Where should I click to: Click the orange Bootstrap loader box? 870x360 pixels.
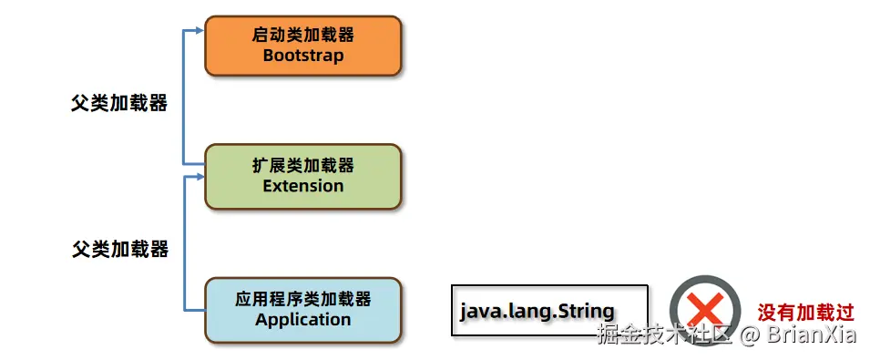point(303,46)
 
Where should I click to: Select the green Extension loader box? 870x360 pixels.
point(303,177)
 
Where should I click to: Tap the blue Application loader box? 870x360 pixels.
point(303,310)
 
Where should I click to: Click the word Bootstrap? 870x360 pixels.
point(303,56)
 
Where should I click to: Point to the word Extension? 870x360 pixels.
point(303,185)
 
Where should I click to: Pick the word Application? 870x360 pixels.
point(303,320)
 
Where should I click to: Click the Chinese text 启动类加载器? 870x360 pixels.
point(303,36)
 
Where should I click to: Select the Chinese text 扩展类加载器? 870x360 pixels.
point(303,165)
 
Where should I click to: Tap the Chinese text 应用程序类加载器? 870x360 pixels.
point(303,300)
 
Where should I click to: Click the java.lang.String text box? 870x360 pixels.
point(549,311)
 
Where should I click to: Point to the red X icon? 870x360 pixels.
point(705,310)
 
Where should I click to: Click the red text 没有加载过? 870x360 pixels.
point(806,313)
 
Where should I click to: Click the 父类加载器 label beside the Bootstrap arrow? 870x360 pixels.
point(119,103)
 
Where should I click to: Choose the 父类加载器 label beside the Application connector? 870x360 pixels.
point(120,249)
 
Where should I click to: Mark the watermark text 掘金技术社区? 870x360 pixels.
point(665,334)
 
